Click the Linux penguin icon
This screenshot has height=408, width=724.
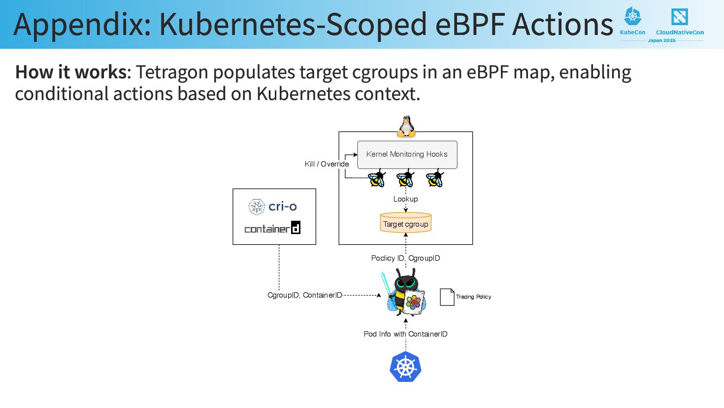coord(406,126)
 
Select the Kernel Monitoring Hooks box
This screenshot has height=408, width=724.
coord(407,155)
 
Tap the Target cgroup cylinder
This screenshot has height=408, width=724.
coord(406,223)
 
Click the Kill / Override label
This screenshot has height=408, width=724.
coord(327,164)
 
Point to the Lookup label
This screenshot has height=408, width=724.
coord(405,199)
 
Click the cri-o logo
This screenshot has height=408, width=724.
coord(273,206)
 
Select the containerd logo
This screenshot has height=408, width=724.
coord(272,228)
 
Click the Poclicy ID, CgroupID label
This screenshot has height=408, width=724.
coord(405,258)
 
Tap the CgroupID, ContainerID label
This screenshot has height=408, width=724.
coord(304,295)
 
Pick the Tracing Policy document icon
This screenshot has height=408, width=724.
coord(447,297)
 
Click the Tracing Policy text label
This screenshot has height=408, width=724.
coord(473,297)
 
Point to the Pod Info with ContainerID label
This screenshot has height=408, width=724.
coord(405,334)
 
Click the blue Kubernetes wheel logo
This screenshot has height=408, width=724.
coord(405,367)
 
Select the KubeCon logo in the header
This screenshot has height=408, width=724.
coord(633,21)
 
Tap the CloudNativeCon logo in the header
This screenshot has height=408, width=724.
coord(680,22)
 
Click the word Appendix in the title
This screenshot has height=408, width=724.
coord(82,25)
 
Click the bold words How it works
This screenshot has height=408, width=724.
coord(71,72)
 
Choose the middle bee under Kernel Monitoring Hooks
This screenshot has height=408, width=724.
coord(405,178)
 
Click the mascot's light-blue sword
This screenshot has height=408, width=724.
coord(386,285)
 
